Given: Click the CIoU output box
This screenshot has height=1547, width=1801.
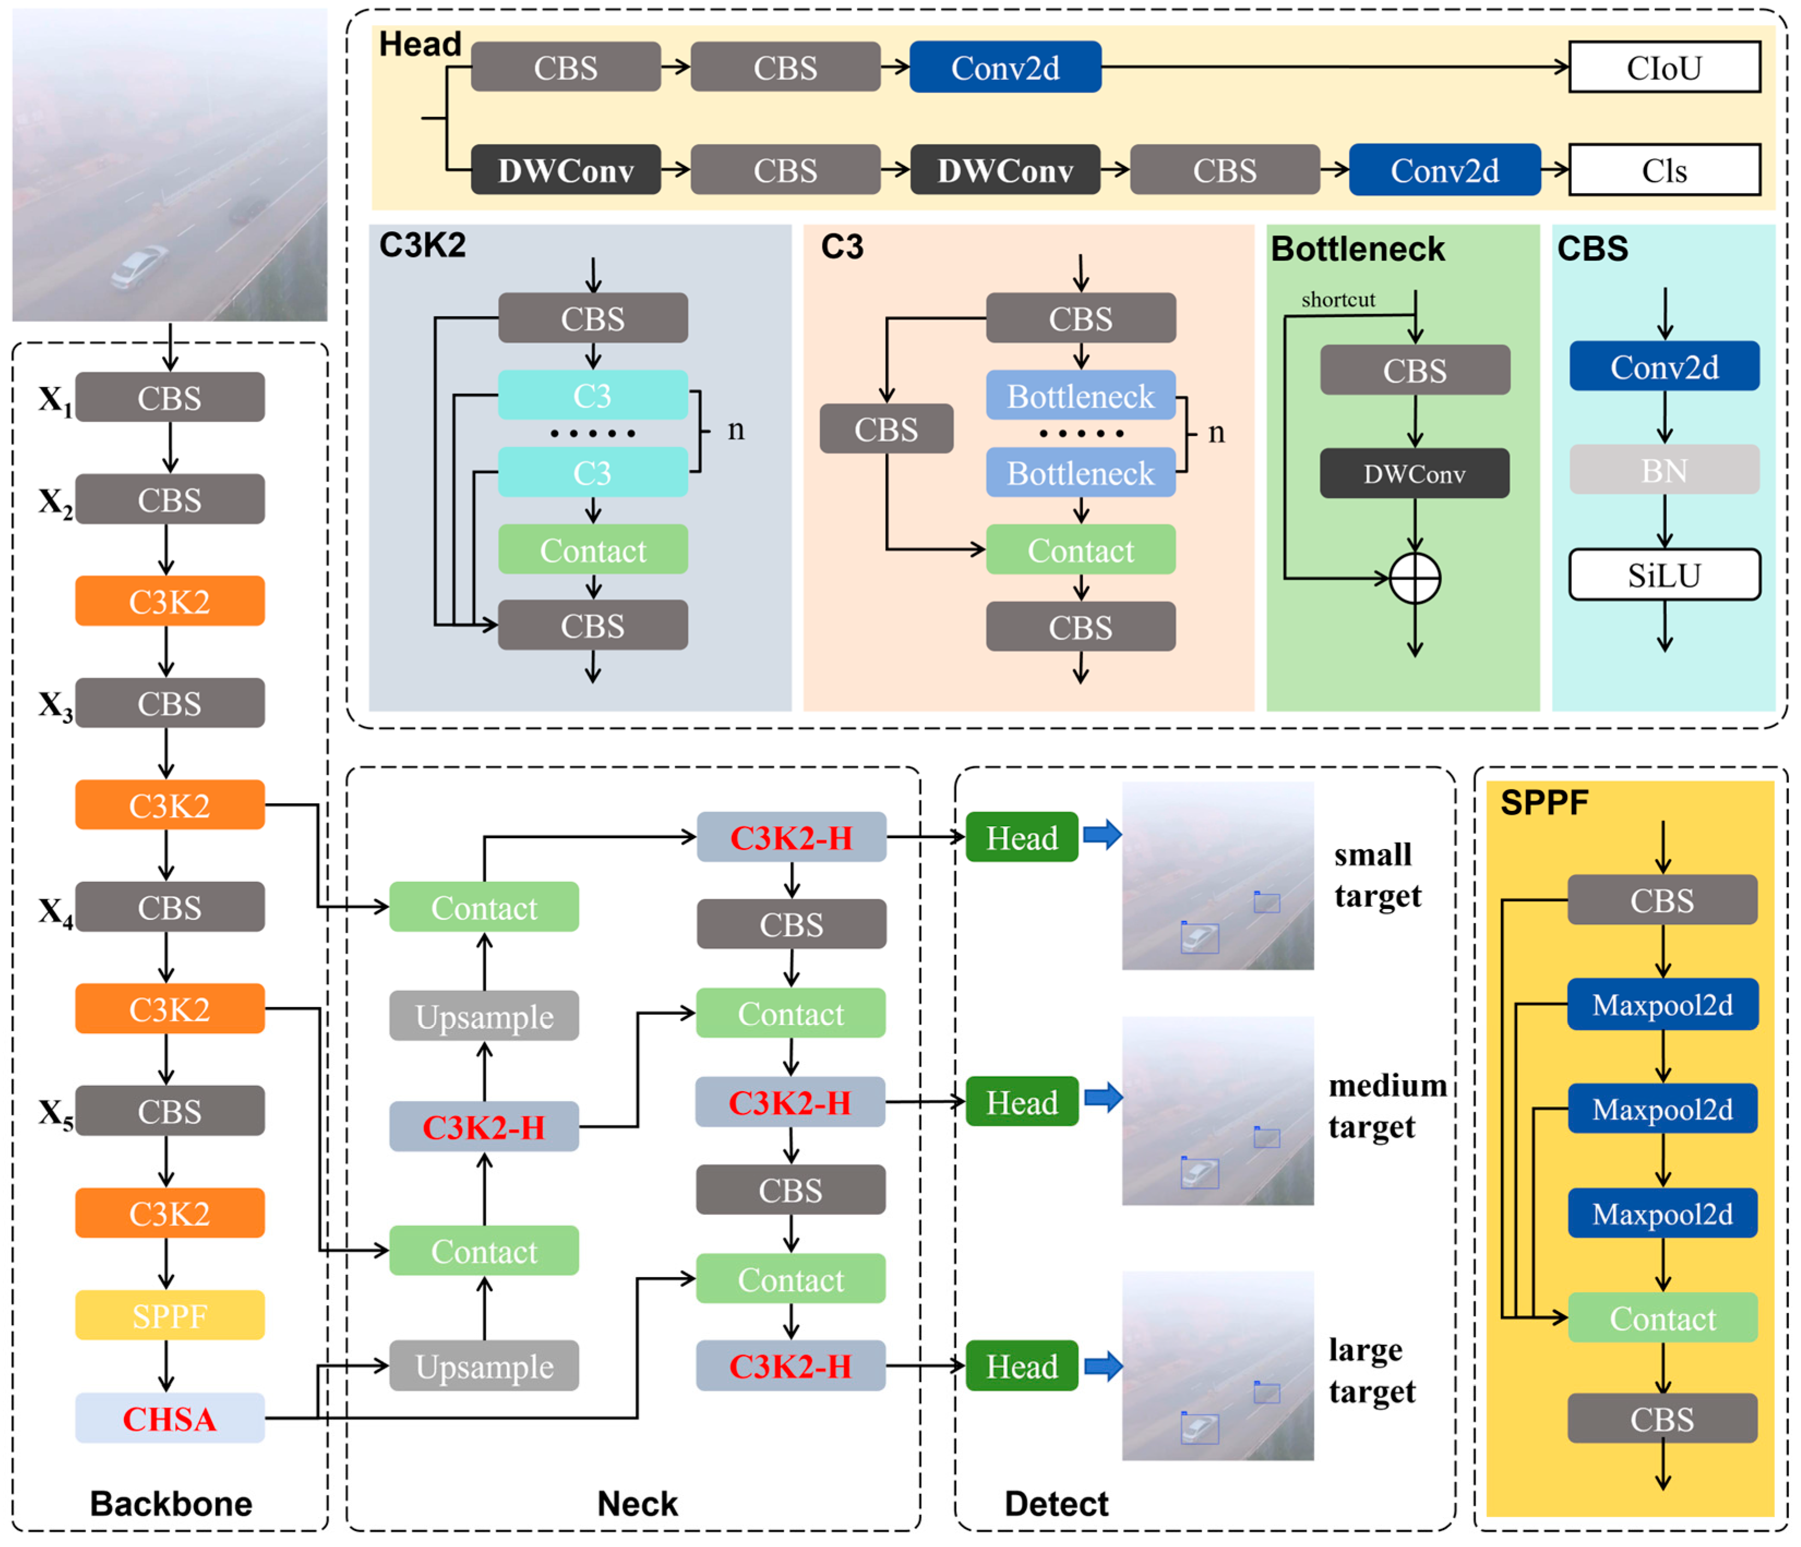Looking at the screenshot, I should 1664,68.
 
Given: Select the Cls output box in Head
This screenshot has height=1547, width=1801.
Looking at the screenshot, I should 1664,170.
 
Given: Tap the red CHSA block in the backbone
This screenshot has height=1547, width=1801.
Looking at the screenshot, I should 170,1418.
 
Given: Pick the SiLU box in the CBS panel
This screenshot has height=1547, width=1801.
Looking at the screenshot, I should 1664,575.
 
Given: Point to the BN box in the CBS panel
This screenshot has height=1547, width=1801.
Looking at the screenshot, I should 1664,470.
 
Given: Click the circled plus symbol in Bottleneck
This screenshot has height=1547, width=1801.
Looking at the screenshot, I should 1415,579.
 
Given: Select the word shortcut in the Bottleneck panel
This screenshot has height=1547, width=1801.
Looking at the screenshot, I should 1338,300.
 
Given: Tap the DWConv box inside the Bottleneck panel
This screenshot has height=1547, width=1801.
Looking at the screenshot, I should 1414,474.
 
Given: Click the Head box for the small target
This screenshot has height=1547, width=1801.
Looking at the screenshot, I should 1022,838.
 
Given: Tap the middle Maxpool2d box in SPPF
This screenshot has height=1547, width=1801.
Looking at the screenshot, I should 1662,1109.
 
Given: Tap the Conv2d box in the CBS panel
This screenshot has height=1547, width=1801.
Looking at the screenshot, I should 1664,367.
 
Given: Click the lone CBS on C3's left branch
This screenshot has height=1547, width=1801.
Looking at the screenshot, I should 886,429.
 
